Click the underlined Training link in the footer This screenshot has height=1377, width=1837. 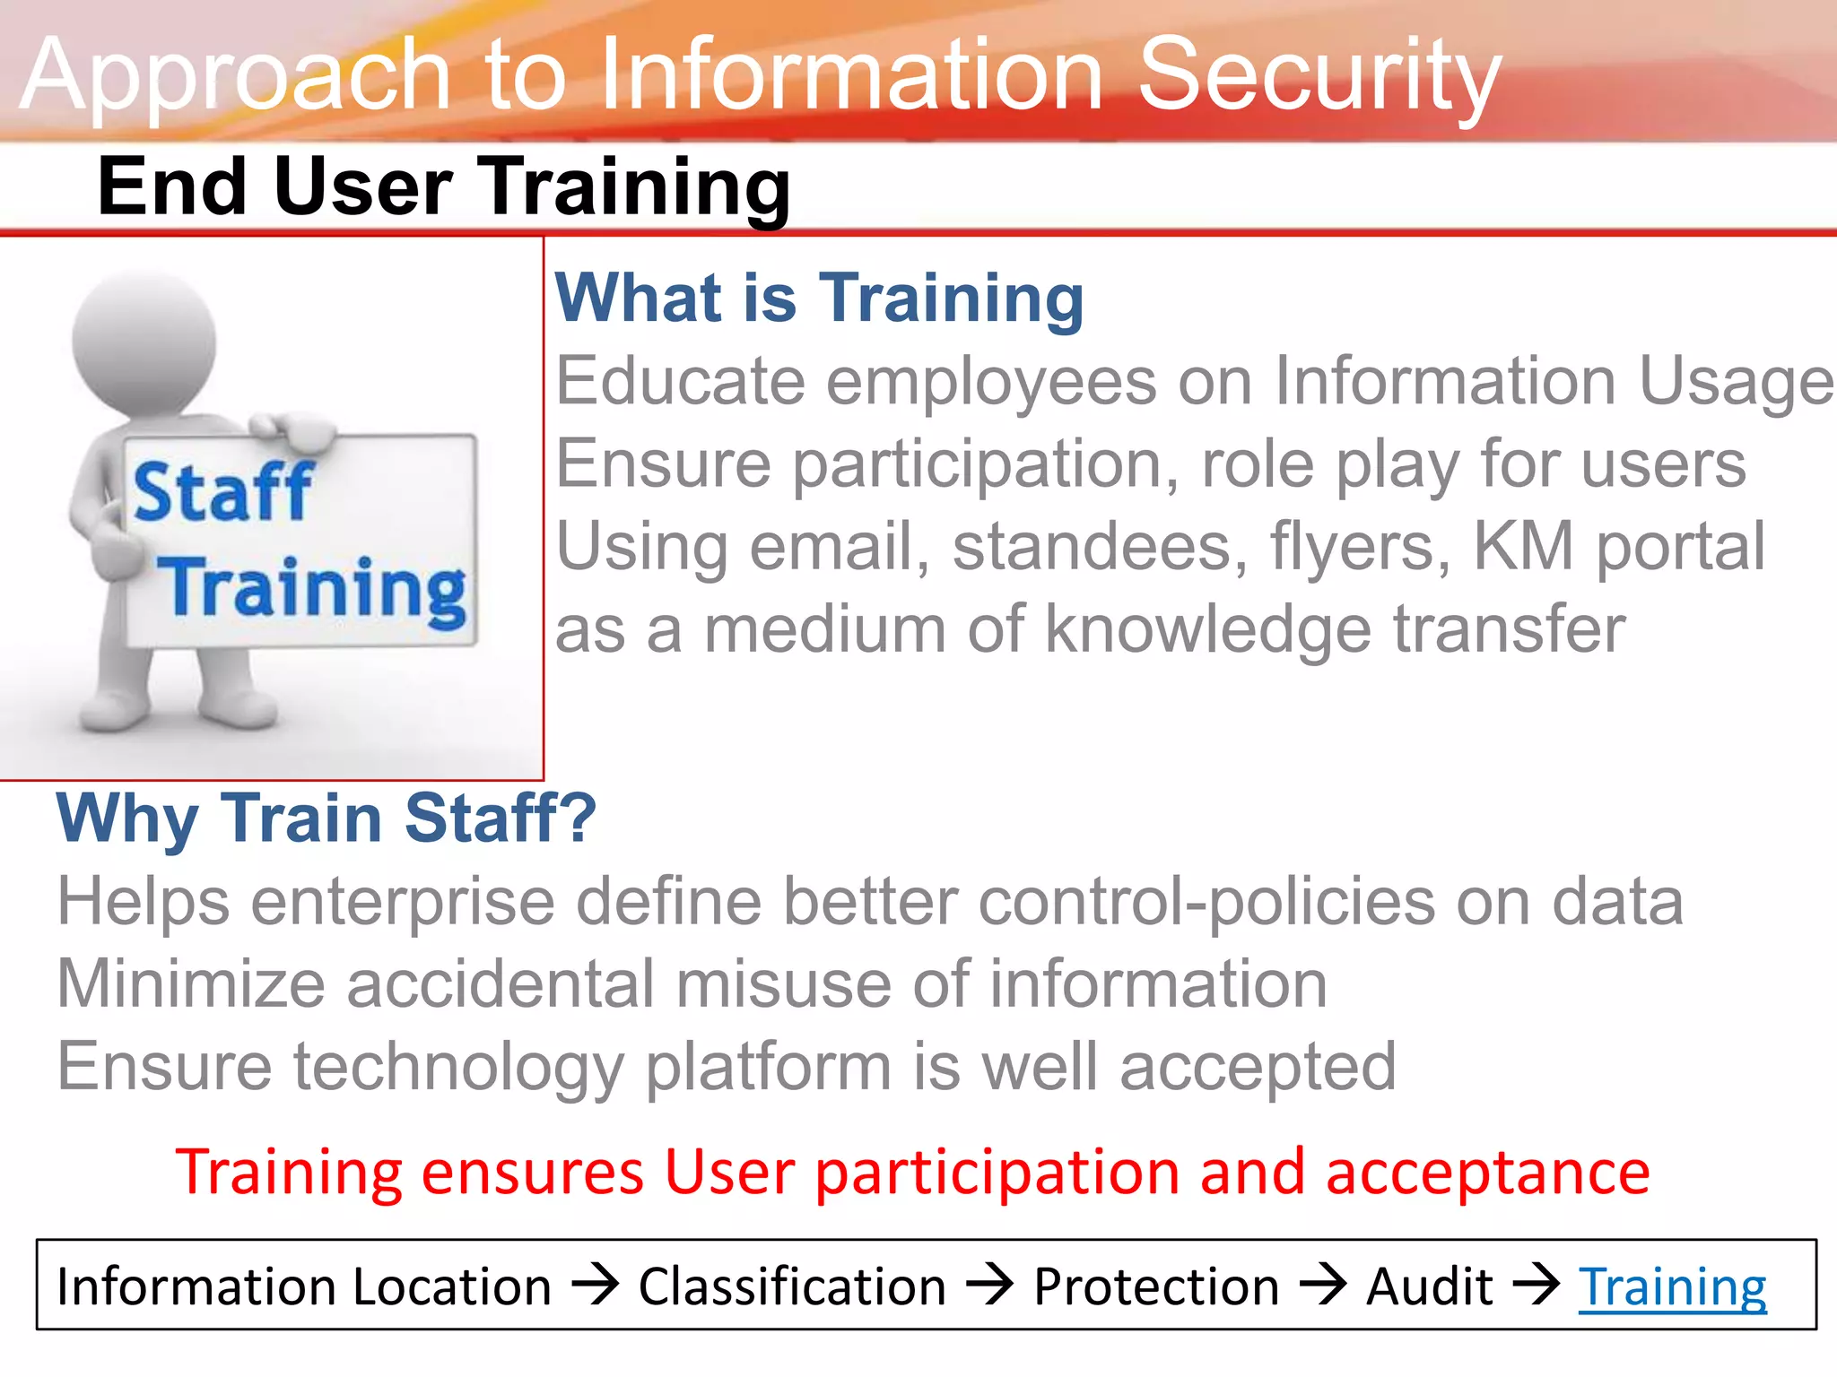[x=1672, y=1287]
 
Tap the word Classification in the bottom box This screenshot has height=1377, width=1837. [x=792, y=1287]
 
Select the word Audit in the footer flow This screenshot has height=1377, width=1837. [x=1429, y=1287]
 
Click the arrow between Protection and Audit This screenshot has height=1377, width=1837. [x=1323, y=1285]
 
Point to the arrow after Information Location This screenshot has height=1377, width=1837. [x=596, y=1285]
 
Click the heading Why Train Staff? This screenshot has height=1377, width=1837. [x=326, y=818]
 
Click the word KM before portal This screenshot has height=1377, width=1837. [x=1523, y=547]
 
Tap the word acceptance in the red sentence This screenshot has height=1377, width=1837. [x=1487, y=1173]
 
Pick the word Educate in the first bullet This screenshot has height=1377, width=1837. [x=680, y=382]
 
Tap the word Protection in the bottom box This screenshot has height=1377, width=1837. [x=1156, y=1287]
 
